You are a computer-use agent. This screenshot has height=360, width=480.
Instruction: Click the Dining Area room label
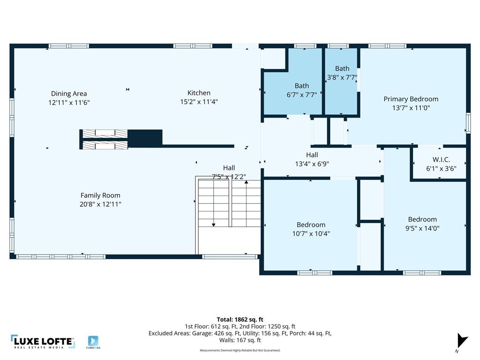point(69,93)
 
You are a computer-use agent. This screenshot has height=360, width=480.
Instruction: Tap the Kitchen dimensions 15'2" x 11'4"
point(199,101)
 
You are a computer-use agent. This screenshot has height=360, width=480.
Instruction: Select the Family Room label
point(100,195)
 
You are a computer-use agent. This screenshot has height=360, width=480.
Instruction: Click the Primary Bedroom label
point(411,99)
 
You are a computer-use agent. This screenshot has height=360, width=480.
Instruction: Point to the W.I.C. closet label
point(441,160)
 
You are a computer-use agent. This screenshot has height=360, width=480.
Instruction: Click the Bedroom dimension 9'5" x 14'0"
point(422,228)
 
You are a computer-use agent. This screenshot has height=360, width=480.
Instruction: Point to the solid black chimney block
point(145,138)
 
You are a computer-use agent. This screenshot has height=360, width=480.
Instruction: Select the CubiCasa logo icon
point(93,341)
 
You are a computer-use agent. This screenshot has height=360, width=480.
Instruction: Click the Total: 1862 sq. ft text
point(240,319)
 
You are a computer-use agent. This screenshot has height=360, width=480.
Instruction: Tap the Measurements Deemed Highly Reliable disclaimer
point(240,350)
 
